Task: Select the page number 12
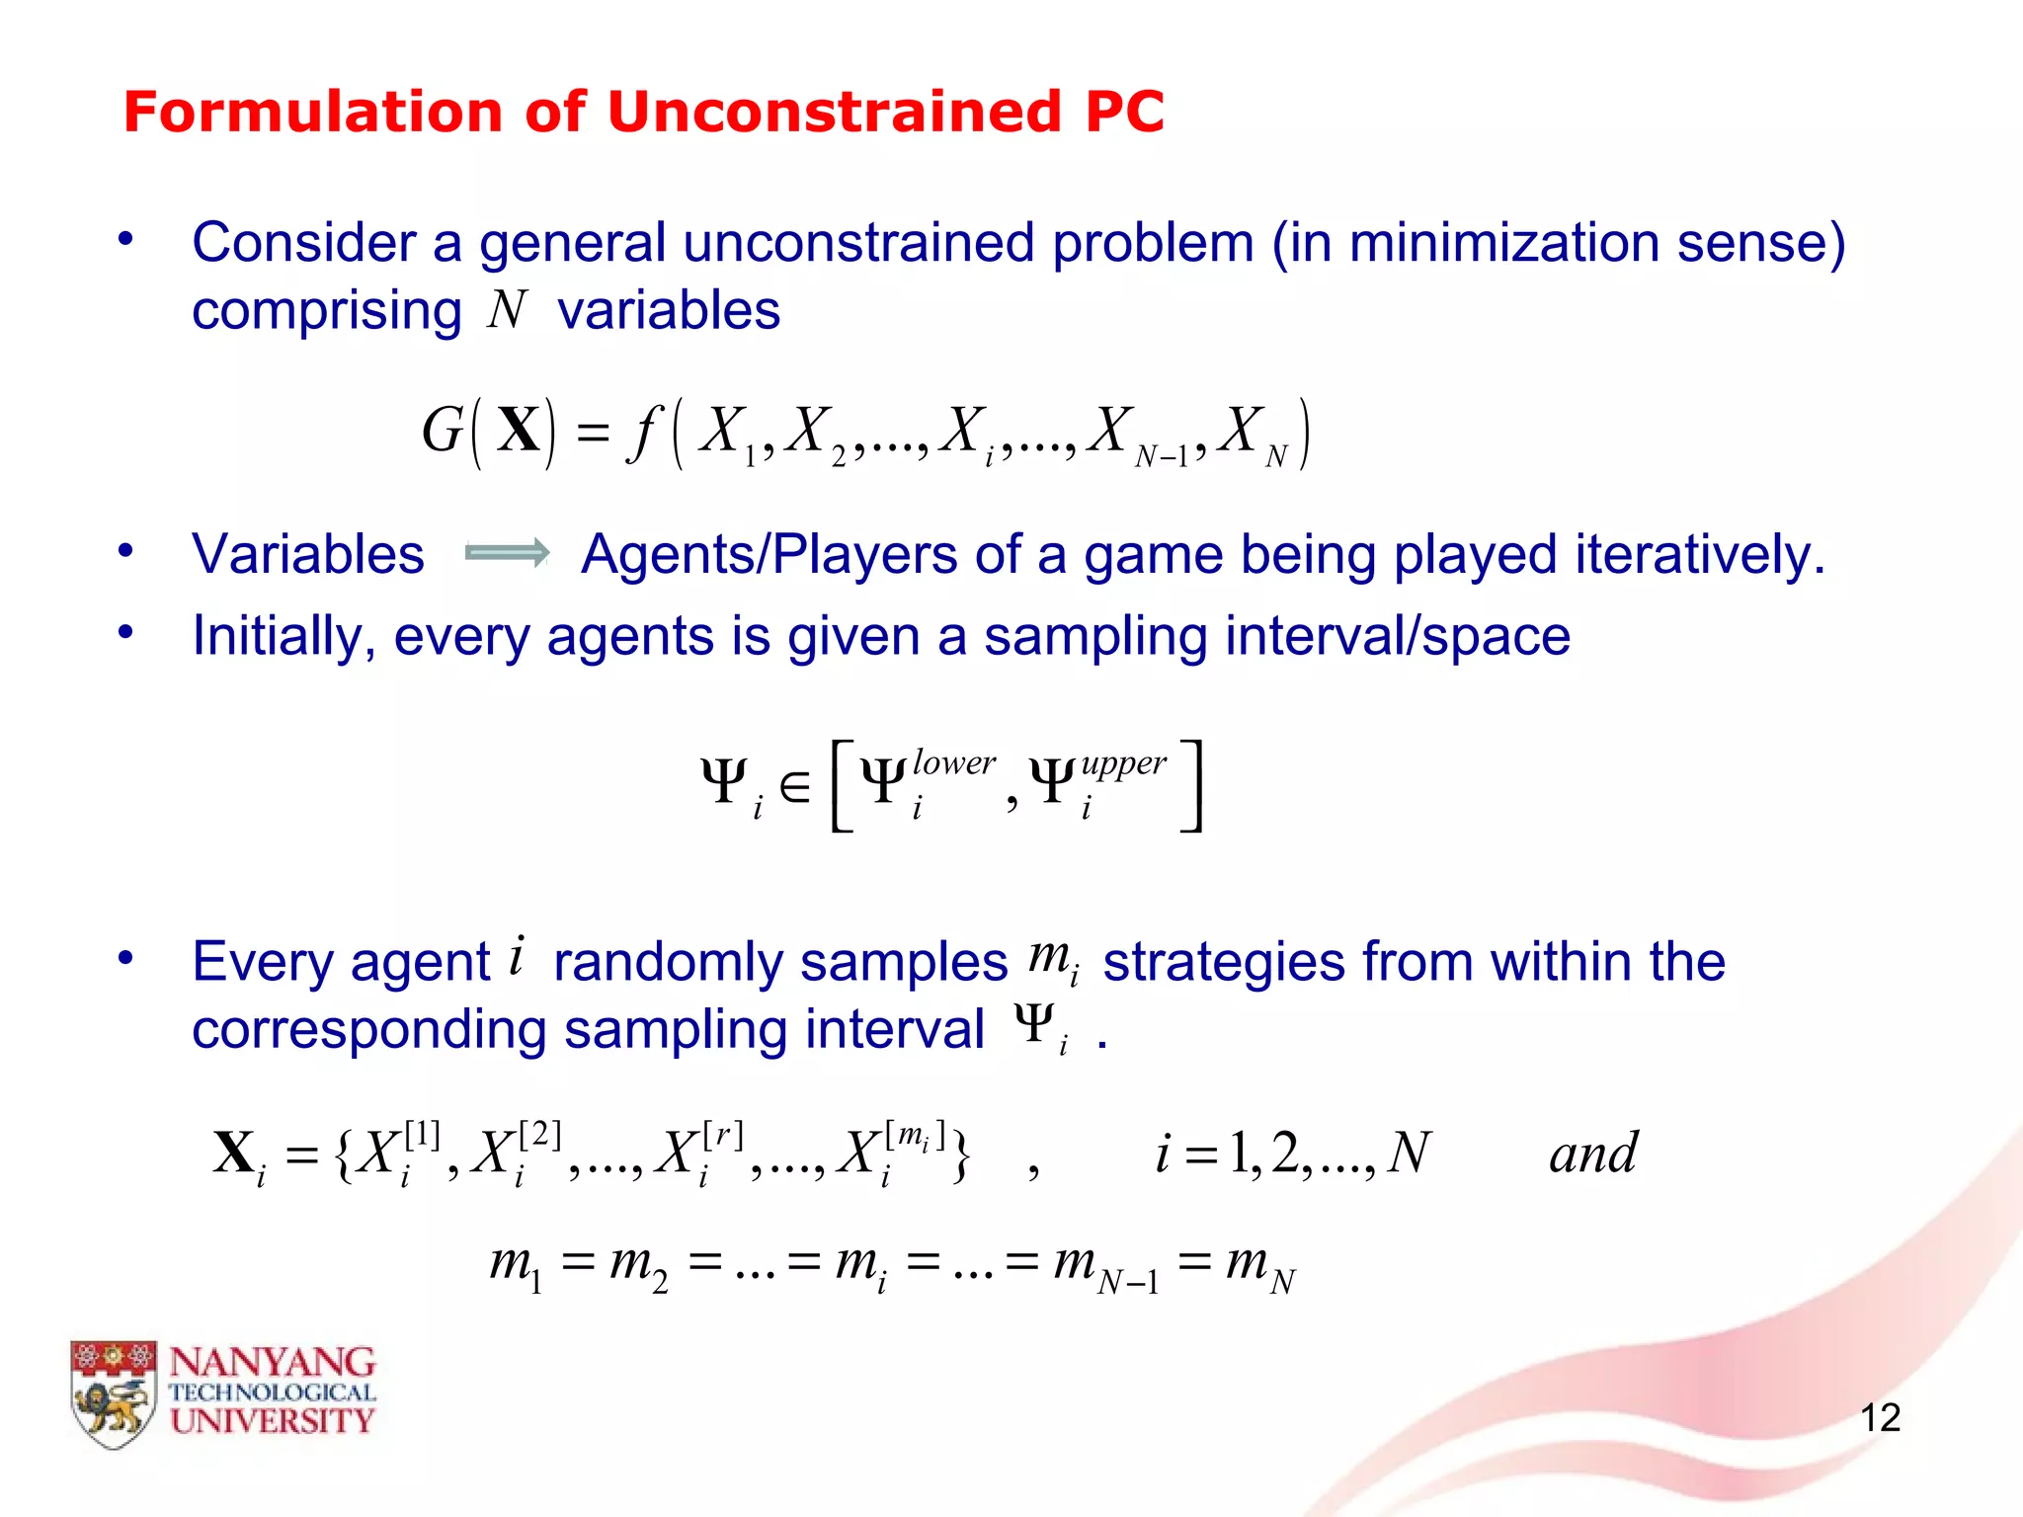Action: [x=1880, y=1418]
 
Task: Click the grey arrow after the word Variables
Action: [x=507, y=553]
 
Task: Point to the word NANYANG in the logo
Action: [x=273, y=1363]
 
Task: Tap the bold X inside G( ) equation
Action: [x=518, y=432]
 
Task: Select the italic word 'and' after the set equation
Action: [x=1592, y=1154]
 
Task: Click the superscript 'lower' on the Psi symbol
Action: [x=953, y=762]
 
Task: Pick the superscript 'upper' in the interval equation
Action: [x=1123, y=763]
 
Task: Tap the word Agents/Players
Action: [x=769, y=554]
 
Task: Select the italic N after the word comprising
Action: [x=507, y=310]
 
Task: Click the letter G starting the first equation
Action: [x=442, y=432]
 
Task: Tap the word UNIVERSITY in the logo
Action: [x=273, y=1421]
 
